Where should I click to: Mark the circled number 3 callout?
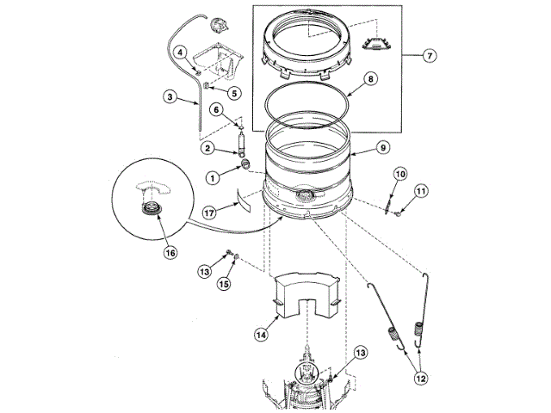click(171, 97)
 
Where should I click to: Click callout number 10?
click(399, 174)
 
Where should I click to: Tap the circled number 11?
click(420, 191)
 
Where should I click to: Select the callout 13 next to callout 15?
click(204, 272)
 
